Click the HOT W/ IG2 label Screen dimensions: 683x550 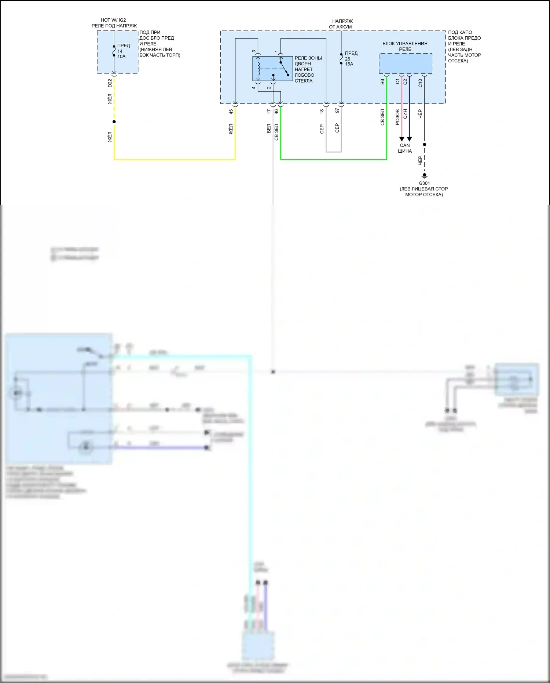coord(113,20)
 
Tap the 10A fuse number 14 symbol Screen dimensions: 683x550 coord(114,51)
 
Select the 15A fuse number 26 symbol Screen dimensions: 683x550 coord(341,59)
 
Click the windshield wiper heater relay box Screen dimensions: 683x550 coord(272,69)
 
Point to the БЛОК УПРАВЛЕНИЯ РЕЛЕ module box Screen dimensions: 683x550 coord(405,63)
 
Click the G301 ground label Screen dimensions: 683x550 coord(424,183)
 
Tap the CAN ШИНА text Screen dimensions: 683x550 coord(405,148)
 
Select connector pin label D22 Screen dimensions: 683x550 coord(110,83)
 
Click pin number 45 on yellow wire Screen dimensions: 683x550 coord(231,112)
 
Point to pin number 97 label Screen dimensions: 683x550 coord(337,110)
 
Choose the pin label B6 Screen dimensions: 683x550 coord(382,81)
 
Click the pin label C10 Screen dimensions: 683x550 coord(420,83)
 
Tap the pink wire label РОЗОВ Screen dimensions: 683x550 coord(397,117)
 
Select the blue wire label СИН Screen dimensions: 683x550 coord(405,114)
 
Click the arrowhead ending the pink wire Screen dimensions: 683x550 coord(402,139)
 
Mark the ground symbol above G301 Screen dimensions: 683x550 coord(425,176)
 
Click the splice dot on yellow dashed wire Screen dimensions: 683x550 coord(114,122)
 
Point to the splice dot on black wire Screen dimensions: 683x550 coord(425,145)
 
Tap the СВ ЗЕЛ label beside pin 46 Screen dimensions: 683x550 coord(276,132)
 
